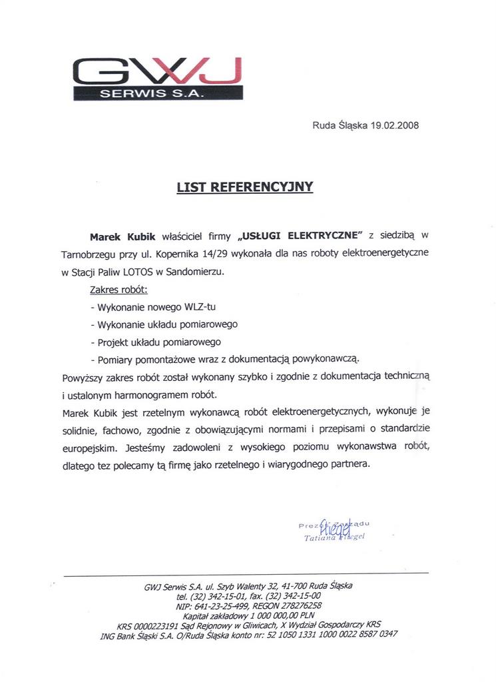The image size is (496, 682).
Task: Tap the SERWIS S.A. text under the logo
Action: pos(157,94)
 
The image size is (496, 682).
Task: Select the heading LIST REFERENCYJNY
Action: pos(244,187)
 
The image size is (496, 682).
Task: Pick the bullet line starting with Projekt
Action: pos(154,342)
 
